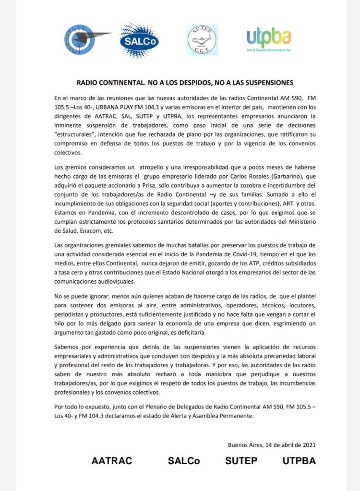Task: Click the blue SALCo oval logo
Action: coord(139,40)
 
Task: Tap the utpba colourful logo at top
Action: coord(269,39)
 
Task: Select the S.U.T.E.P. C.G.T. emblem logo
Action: coord(202,40)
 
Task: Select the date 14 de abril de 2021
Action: coord(287,444)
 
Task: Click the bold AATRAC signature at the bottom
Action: coord(111,461)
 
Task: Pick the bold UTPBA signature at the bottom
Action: coord(299,461)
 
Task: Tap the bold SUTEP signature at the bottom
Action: coord(241,461)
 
